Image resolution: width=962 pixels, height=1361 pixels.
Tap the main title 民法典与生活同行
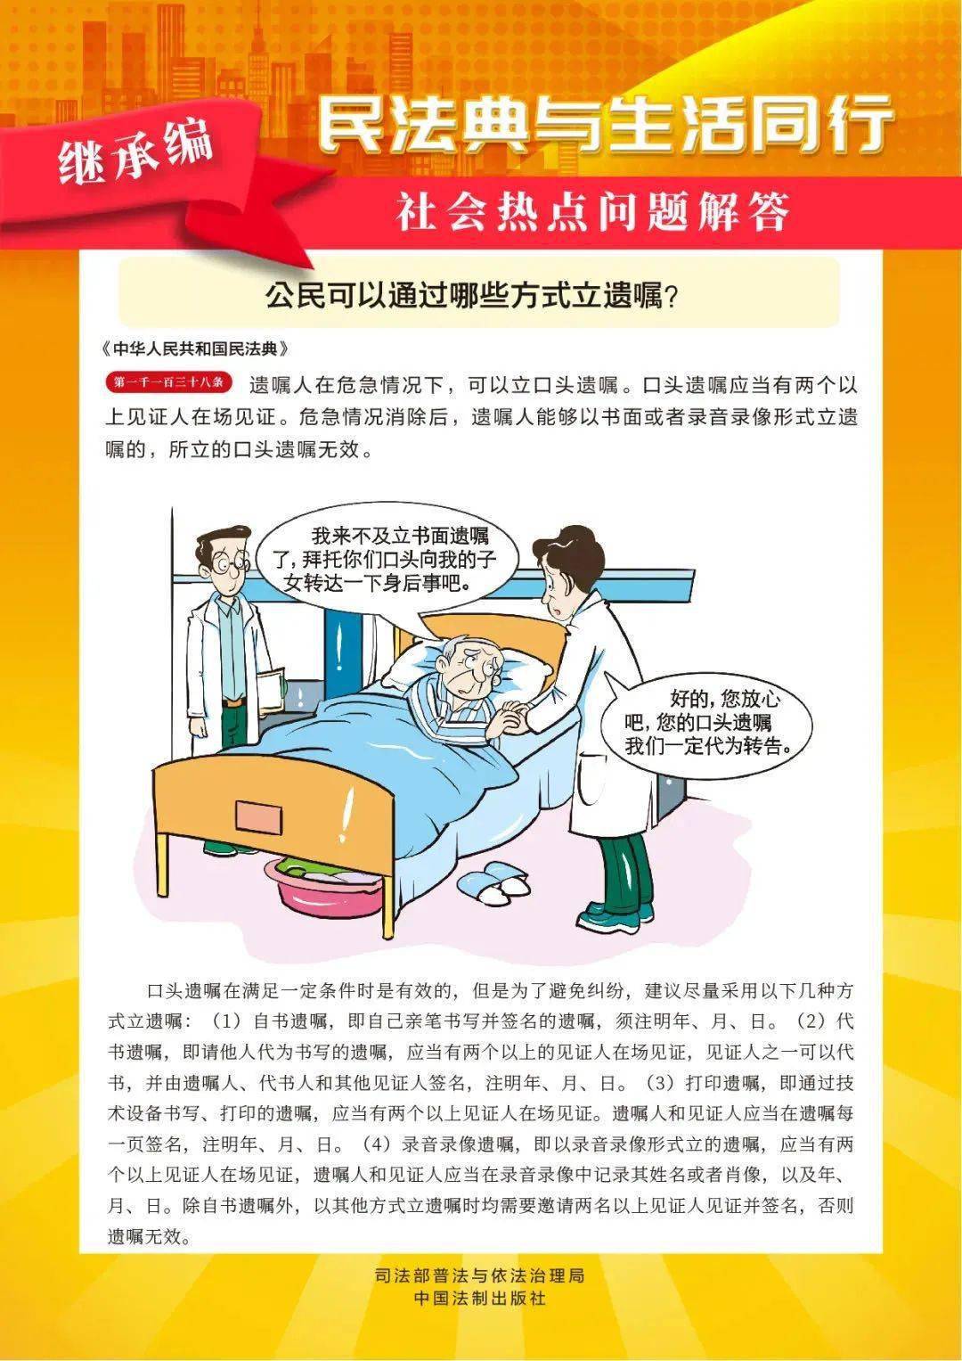(606, 126)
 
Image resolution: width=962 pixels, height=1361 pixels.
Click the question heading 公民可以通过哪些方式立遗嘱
(472, 294)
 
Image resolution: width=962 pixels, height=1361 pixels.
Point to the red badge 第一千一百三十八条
(168, 383)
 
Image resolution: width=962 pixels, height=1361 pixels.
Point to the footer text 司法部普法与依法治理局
(480, 1276)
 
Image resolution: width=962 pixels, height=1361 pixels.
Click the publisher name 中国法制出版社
(480, 1299)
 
